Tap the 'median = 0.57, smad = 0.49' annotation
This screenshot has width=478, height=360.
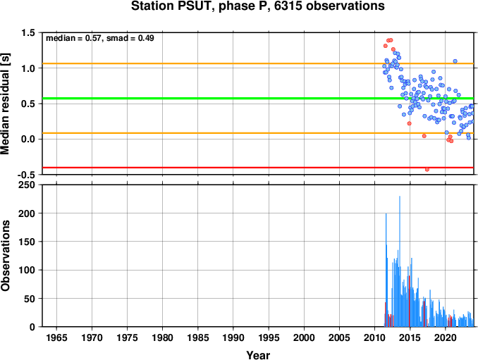click(x=100, y=38)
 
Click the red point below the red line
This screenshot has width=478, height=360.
click(x=427, y=170)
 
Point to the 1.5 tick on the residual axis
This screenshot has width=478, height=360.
click(x=28, y=32)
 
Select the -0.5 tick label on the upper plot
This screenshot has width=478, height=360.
click(x=27, y=175)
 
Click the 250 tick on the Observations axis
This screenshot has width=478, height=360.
click(x=27, y=185)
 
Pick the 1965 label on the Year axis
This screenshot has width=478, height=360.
click(x=56, y=337)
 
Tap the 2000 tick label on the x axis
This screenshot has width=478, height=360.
click(x=304, y=337)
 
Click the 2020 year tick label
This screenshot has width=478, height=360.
click(x=446, y=337)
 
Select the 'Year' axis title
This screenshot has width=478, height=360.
click(x=258, y=355)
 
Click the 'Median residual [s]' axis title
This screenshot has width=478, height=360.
click(x=5, y=104)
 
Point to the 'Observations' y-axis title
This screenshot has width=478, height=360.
click(x=5, y=256)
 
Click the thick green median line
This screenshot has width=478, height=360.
click(x=258, y=99)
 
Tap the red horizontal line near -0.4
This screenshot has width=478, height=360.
click(x=258, y=168)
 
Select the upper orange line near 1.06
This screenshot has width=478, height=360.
click(x=258, y=63)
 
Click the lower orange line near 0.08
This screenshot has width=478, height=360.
click(x=258, y=133)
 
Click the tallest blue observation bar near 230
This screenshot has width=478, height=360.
click(x=400, y=261)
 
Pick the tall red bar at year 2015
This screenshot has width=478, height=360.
click(x=410, y=302)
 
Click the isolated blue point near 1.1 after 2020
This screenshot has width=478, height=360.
click(x=455, y=61)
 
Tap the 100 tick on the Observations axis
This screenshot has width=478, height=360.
click(x=27, y=270)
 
